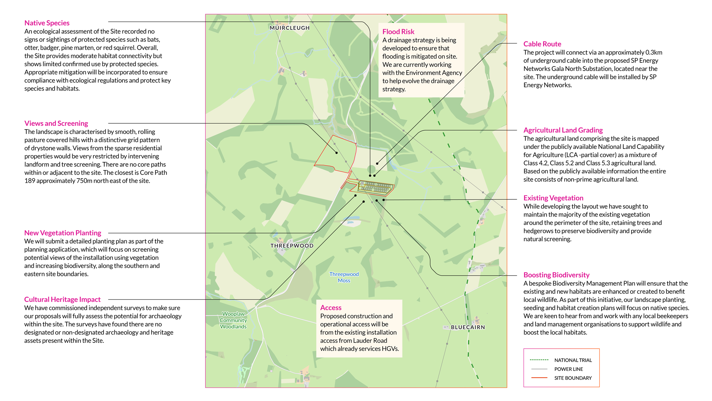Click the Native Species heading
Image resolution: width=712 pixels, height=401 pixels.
tap(47, 23)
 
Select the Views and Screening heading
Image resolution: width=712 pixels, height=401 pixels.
tap(56, 123)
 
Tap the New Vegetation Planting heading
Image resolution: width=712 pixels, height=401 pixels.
tap(63, 233)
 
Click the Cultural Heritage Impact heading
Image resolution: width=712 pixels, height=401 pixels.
tap(62, 299)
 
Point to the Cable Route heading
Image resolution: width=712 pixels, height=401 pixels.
tap(542, 44)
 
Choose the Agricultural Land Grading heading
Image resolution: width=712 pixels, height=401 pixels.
tap(563, 130)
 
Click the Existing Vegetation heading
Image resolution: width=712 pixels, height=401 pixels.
tap(553, 198)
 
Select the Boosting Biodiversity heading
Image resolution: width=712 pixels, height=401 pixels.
tap(556, 275)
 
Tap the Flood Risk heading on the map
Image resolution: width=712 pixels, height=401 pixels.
tap(398, 32)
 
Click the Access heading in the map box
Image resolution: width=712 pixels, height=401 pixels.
tap(331, 307)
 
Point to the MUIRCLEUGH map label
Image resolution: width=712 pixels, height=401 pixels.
tap(290, 28)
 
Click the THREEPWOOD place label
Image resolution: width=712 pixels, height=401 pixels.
tap(292, 246)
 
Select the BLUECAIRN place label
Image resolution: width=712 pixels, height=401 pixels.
tap(468, 327)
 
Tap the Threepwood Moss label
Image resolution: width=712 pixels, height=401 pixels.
tap(344, 277)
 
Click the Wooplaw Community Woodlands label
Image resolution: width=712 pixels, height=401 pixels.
tap(233, 320)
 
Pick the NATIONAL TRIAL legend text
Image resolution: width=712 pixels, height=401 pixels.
tap(573, 360)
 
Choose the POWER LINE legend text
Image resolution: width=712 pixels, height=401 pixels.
tap(568, 369)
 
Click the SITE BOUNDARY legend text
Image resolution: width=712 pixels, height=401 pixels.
tap(573, 378)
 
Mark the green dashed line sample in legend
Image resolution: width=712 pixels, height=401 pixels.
tap(539, 360)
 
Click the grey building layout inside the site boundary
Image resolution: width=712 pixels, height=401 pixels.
tap(375, 187)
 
